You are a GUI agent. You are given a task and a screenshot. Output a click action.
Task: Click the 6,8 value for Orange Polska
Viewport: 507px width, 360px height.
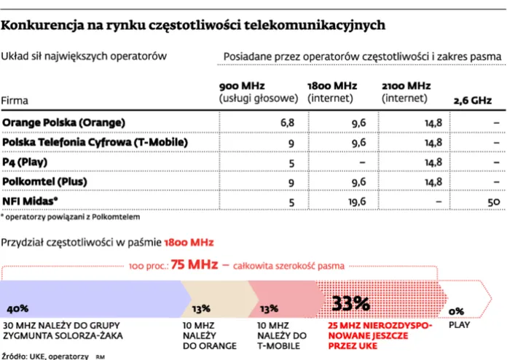pos(288,122)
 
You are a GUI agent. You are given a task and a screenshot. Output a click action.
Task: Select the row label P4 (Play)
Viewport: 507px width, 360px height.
pos(28,161)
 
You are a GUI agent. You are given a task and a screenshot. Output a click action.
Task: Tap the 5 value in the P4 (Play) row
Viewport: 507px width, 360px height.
pos(291,162)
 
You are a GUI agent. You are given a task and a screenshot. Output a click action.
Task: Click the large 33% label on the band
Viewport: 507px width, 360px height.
pos(352,302)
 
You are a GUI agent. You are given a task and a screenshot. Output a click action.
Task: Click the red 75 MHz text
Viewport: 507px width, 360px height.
pos(194,265)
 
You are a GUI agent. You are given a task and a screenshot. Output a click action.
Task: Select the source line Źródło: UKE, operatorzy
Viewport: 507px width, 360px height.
pos(45,356)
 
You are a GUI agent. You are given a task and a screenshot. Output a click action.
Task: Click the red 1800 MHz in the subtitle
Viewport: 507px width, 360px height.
pos(189,240)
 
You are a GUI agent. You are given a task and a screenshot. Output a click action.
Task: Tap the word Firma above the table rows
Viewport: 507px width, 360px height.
pos(15,101)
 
